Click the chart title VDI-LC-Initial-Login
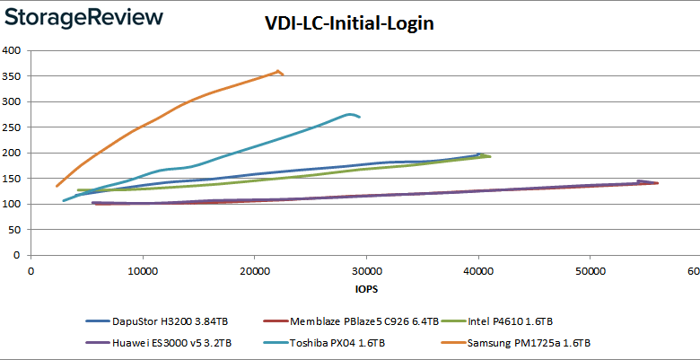350,24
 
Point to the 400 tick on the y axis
12,50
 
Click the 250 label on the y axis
12,127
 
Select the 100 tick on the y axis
12,204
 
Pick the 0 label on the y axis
17,255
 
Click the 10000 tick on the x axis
143,271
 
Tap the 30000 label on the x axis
366,271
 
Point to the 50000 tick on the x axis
590,271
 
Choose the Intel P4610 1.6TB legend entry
538,320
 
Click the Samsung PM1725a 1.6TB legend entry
529,342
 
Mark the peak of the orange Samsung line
278,71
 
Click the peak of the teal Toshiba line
350,114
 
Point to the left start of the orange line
57,186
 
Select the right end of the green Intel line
489,156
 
